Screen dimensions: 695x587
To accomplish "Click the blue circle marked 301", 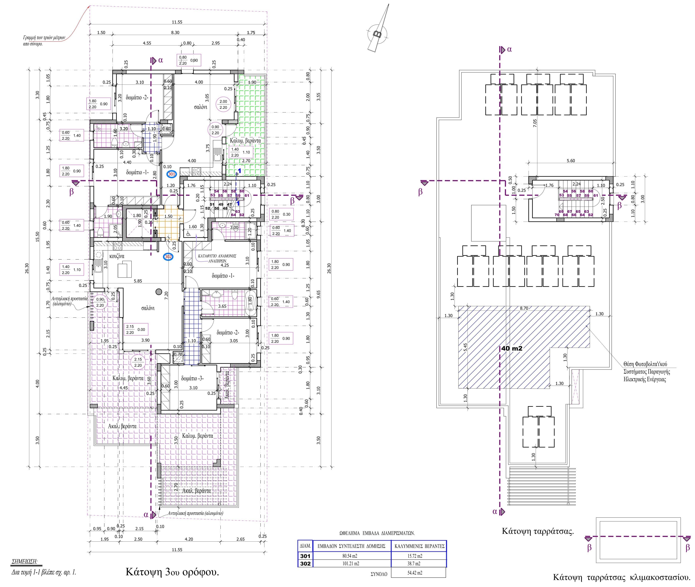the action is click(x=172, y=174).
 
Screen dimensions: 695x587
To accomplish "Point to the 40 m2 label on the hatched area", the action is click(x=512, y=348).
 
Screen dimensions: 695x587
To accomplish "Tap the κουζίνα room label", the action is click(x=117, y=256).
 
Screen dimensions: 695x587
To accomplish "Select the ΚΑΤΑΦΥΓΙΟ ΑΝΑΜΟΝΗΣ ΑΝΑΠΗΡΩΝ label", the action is click(x=217, y=258).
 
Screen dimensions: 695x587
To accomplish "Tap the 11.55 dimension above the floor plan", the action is click(x=177, y=22).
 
